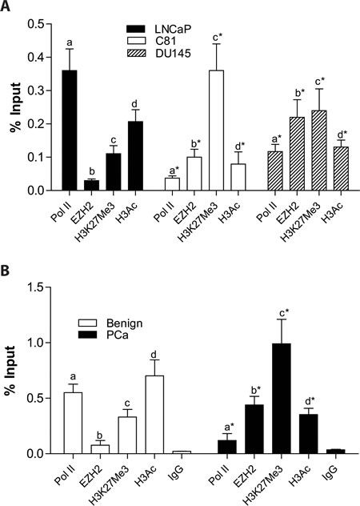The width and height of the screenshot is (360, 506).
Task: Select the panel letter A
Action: [8, 7]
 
